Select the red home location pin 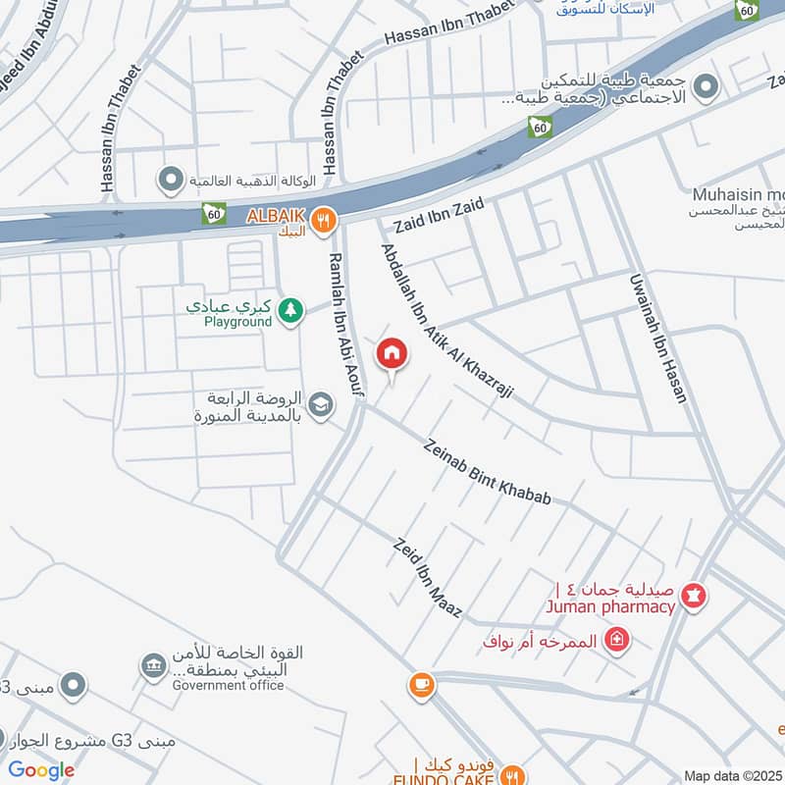(392, 354)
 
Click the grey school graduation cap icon (321, 403)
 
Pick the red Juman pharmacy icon (694, 596)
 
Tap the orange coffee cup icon (422, 685)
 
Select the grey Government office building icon (153, 666)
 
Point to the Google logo (41, 770)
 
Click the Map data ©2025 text (734, 775)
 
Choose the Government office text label (228, 685)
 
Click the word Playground (237, 321)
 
